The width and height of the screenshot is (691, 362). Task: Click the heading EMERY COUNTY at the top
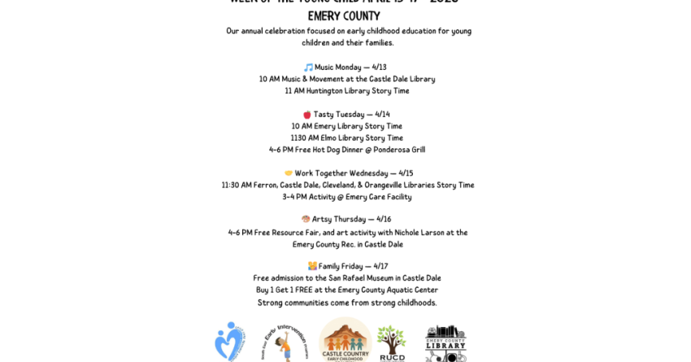coord(344,16)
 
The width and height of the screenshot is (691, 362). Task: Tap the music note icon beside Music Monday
coord(308,68)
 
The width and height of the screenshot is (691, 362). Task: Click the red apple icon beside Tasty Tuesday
coord(307,115)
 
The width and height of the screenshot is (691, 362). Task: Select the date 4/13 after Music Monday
coord(380,68)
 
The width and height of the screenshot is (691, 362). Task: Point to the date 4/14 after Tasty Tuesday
coord(382,115)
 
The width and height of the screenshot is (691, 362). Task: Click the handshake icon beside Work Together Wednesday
coord(289,173)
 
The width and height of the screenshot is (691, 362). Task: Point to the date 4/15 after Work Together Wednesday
coord(406,173)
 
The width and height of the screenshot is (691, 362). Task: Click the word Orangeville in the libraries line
coord(389,185)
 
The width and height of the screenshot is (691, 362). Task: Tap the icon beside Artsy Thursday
coord(306,220)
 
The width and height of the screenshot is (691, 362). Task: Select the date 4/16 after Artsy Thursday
coord(384,220)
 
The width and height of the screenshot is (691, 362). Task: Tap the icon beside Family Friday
coord(312,266)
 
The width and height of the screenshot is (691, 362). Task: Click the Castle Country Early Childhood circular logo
coord(345,340)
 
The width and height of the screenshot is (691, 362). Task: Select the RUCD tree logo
coord(392,342)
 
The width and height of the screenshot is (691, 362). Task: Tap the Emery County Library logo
coord(445,342)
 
